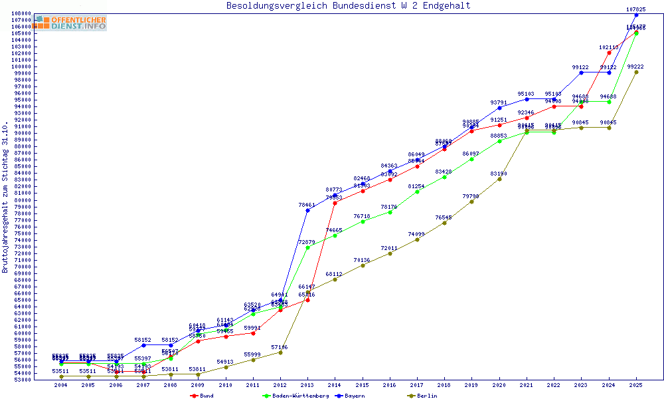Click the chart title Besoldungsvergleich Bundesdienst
[x=348, y=6]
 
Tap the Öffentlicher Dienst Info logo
[x=70, y=23]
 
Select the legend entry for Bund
[x=203, y=396]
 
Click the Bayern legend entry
[x=351, y=396]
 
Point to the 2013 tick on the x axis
[x=307, y=385]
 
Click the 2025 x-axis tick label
[x=636, y=385]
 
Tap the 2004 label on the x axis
[x=61, y=385]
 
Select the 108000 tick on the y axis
[x=21, y=13]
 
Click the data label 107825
[x=636, y=9]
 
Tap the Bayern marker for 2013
[x=307, y=210]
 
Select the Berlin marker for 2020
[x=499, y=179]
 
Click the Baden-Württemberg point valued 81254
[x=417, y=192]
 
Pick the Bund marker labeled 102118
[x=609, y=53]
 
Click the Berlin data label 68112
[x=334, y=274]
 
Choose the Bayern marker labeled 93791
[x=499, y=108]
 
